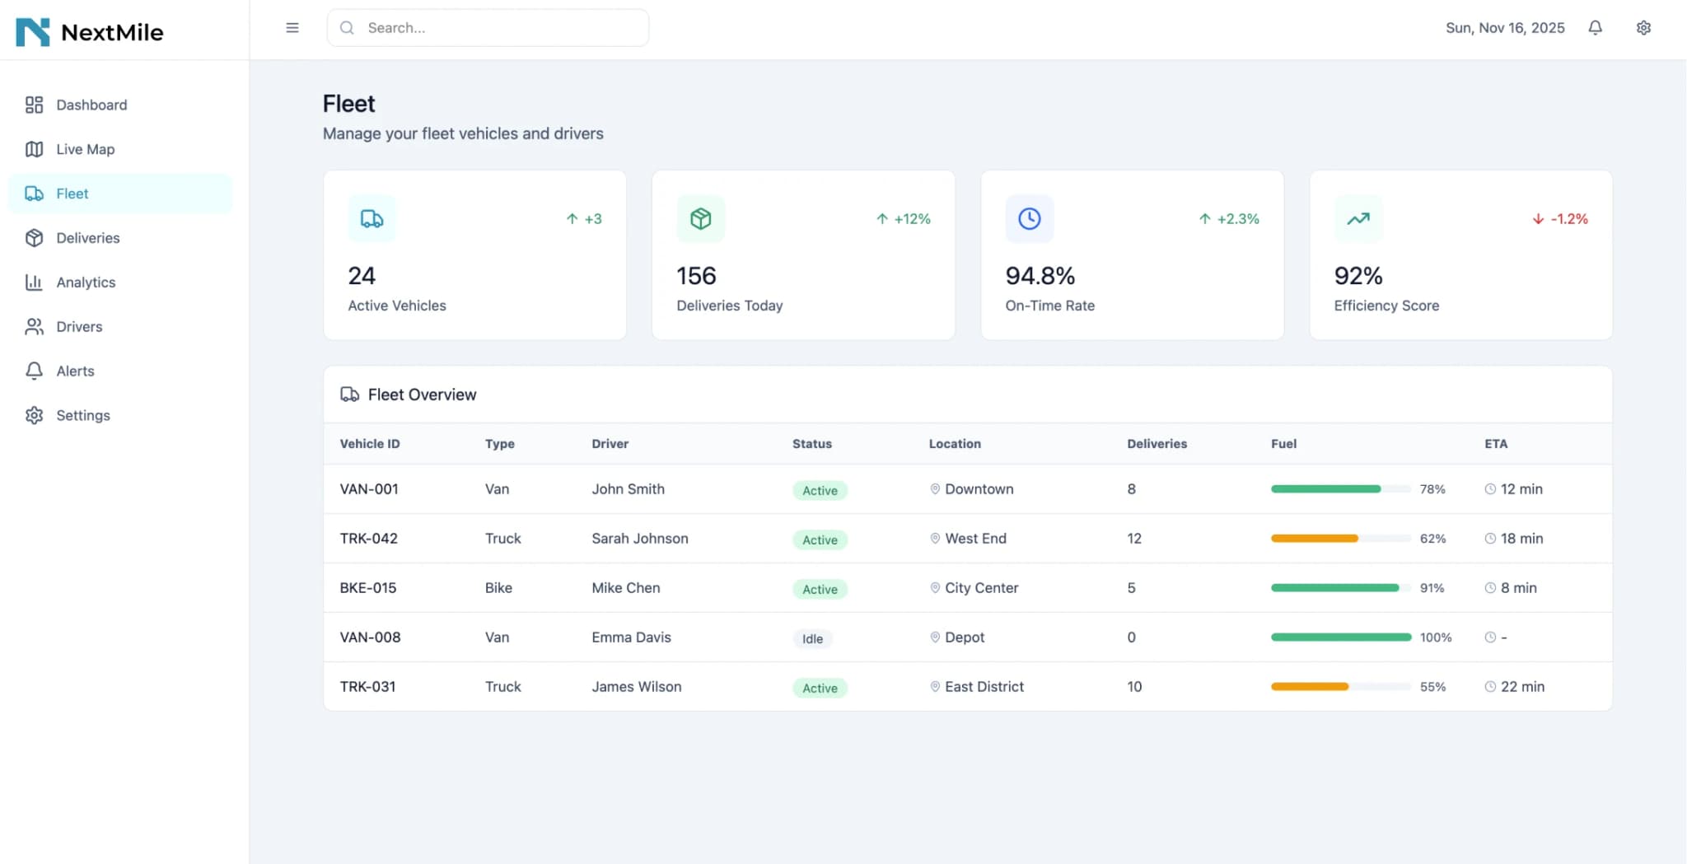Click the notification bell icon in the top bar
point(1595,28)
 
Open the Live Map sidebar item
point(85,149)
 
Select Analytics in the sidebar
point(86,283)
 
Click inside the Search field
point(494,28)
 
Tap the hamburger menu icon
point(292,28)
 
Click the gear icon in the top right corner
point(1643,28)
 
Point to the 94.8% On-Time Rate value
point(1040,276)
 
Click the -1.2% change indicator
point(1560,219)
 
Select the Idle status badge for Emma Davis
point(812,638)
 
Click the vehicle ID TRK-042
point(368,539)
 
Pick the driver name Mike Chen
point(625,588)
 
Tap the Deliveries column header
point(1157,444)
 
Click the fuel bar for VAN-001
point(1340,489)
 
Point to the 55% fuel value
point(1432,687)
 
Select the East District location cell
point(984,687)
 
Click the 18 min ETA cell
point(1521,539)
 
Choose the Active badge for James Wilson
point(820,688)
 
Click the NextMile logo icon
point(33,32)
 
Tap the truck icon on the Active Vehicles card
point(372,219)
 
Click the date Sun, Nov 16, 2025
point(1505,28)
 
